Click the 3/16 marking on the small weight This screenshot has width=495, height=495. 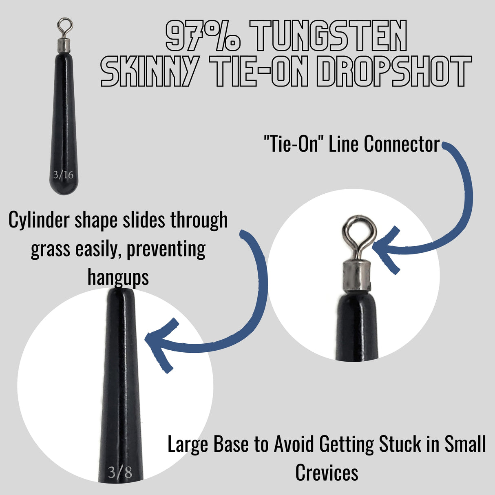(x=63, y=175)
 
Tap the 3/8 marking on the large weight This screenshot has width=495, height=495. (x=120, y=472)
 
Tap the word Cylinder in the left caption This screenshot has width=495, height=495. (x=39, y=220)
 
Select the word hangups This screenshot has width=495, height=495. (x=118, y=277)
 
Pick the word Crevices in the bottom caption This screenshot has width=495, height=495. (x=327, y=473)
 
